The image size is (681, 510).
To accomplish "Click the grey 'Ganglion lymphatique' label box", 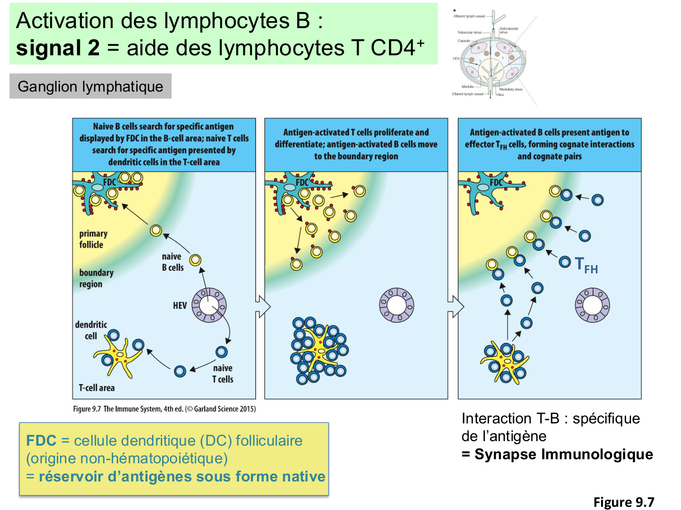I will tap(90, 86).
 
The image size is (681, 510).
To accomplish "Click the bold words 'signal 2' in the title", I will tap(58, 48).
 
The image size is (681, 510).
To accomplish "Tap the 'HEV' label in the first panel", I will tap(179, 306).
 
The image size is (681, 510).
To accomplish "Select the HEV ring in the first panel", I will tap(209, 305).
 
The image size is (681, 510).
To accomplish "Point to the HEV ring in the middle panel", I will tap(396, 305).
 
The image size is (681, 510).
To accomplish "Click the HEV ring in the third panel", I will tap(592, 305).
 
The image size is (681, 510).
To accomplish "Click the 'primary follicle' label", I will tap(93, 239).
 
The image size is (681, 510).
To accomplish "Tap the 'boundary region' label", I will tap(96, 278).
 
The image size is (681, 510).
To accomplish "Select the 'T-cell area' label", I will tap(96, 388).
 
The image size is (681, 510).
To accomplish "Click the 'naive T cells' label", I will tap(222, 374).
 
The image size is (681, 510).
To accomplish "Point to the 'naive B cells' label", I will tap(173, 262).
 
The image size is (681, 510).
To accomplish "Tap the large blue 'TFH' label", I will tap(586, 265).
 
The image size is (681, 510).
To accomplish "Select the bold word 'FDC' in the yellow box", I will tap(41, 441).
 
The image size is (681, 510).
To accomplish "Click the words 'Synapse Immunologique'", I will tap(563, 454).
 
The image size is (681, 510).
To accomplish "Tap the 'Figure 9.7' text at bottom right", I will tap(623, 502).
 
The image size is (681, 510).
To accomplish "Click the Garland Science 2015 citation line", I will tap(164, 409).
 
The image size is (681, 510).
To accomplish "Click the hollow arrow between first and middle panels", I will tap(263, 306).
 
